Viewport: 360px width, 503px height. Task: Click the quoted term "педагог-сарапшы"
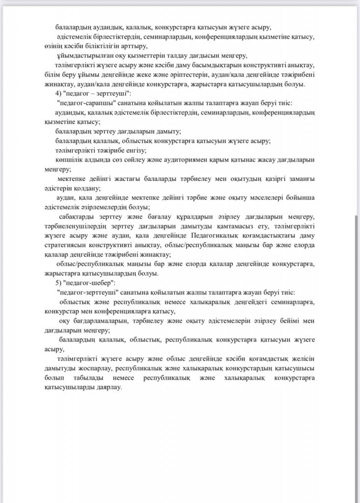(x=82, y=103)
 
